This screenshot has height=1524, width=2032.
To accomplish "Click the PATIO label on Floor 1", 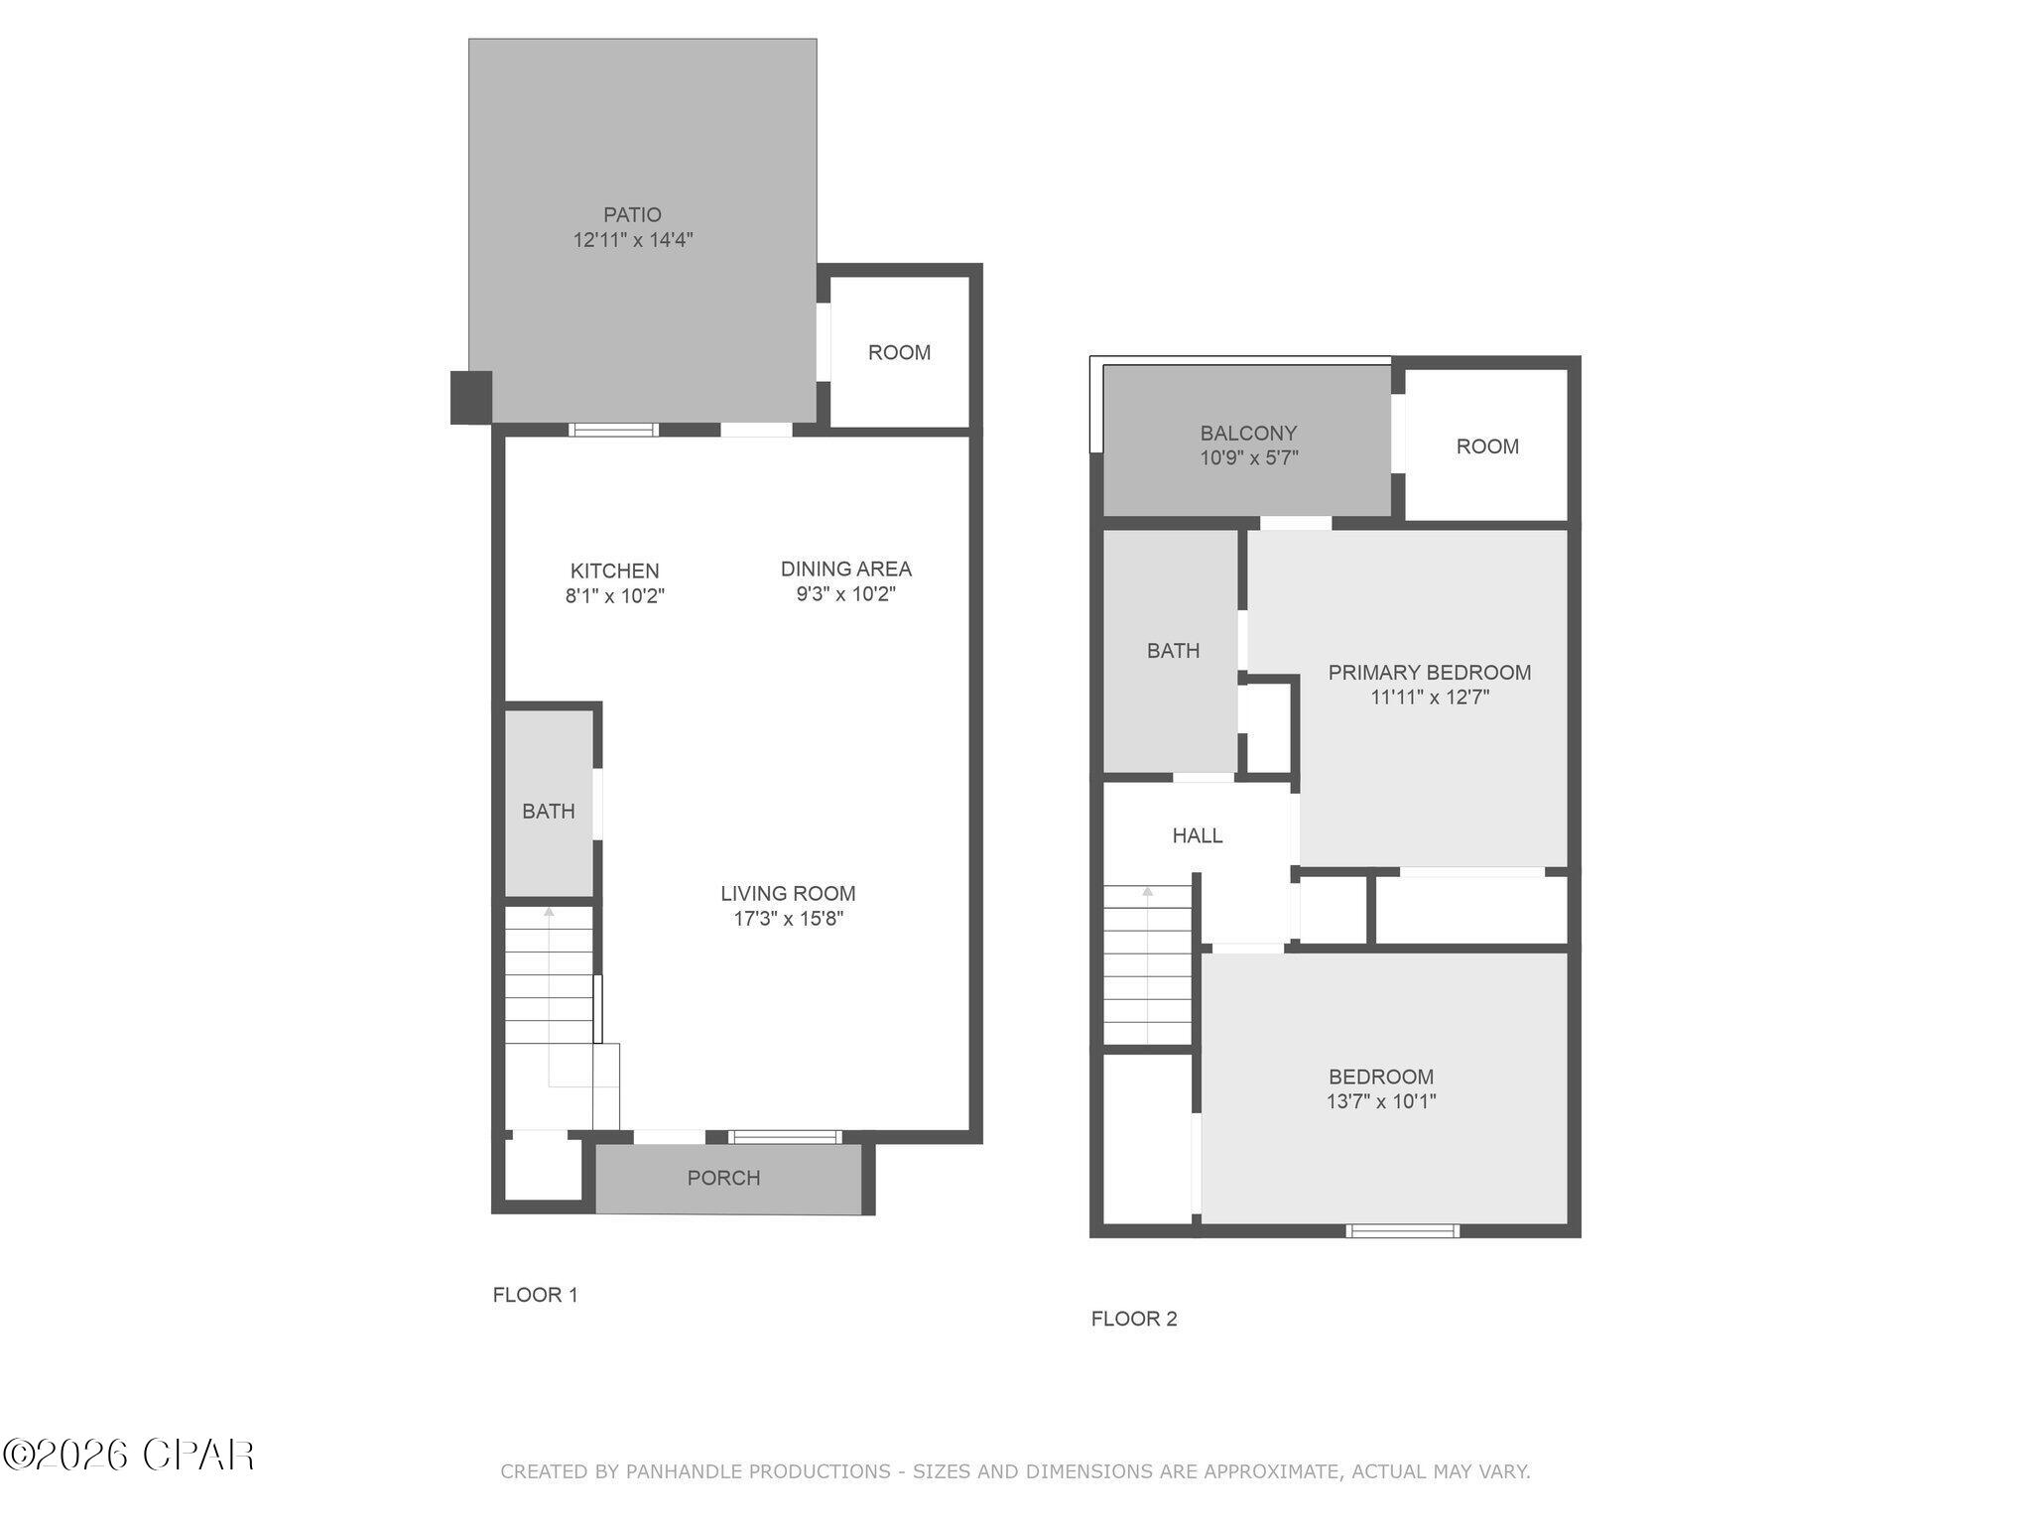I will click(x=632, y=214).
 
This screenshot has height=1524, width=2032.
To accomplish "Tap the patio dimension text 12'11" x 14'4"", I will click(x=632, y=240).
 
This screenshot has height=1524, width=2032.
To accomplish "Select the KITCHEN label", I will click(x=614, y=571).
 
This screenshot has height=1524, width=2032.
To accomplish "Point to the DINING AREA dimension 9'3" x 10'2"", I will click(x=845, y=594).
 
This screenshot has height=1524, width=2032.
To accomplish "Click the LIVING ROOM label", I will click(x=788, y=893).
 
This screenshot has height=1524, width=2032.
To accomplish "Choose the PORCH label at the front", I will click(x=723, y=1178).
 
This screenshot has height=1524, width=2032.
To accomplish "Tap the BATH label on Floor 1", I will click(x=548, y=812).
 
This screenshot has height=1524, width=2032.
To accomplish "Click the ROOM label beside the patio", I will click(x=899, y=352).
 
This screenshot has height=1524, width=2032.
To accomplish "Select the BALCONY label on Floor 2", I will click(x=1248, y=433).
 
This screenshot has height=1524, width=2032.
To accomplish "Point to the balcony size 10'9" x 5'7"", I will click(x=1248, y=458).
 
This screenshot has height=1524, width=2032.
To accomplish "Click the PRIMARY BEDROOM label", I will click(x=1429, y=673).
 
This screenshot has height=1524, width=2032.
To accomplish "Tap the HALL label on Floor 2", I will click(x=1197, y=835).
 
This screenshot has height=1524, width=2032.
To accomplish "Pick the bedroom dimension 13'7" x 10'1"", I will click(x=1380, y=1101).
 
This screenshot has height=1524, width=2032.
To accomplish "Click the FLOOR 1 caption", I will click(x=535, y=1295).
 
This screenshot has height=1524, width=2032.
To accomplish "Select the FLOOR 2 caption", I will click(x=1134, y=1319).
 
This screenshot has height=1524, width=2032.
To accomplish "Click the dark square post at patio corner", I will click(x=471, y=397).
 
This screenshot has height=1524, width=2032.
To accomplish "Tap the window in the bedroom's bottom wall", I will click(x=1402, y=1231).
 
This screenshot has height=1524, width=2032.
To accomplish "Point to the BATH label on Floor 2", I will click(x=1173, y=651).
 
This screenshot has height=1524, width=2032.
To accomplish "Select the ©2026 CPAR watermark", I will click(x=129, y=1456).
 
